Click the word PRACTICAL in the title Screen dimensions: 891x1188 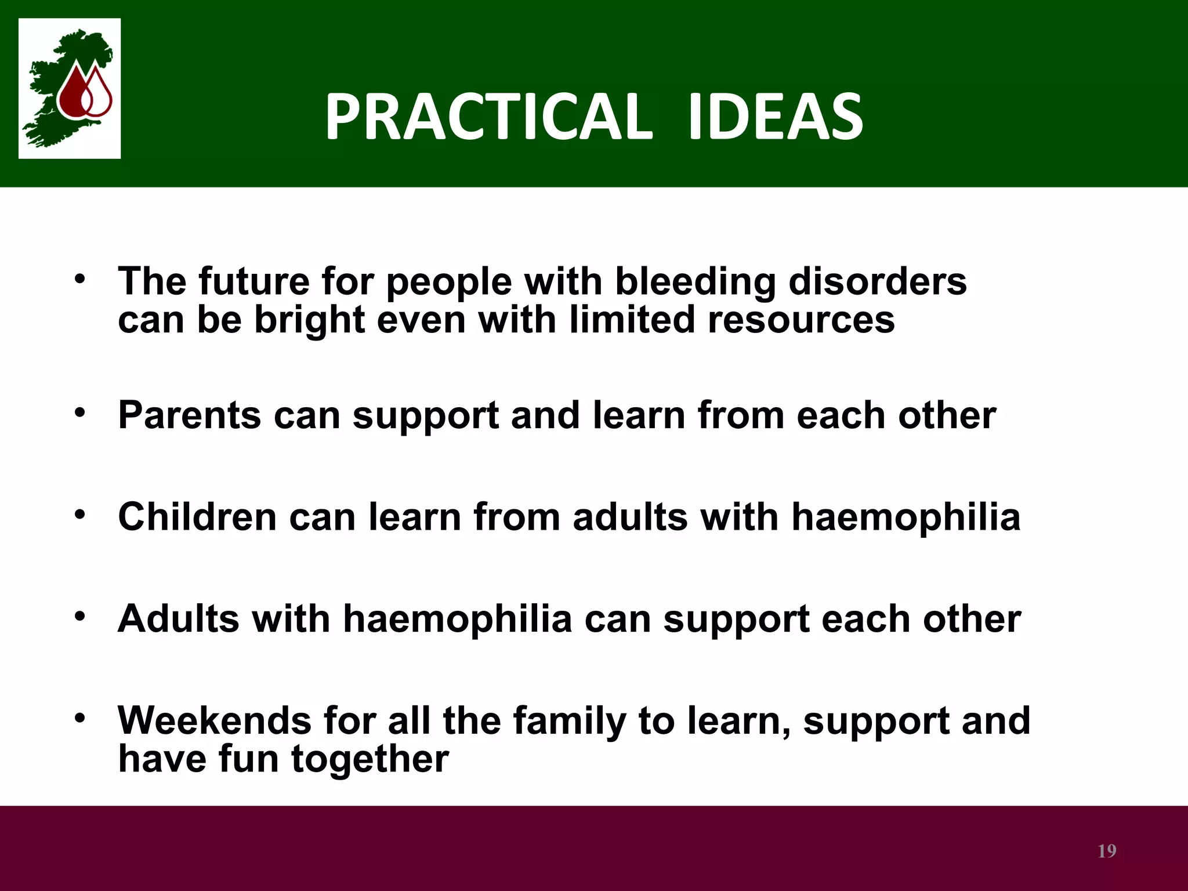488,118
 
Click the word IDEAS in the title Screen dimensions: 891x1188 775,118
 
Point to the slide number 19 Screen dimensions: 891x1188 1107,851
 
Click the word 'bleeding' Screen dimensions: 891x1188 694,282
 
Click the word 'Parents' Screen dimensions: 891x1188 190,415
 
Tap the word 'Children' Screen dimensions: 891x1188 197,517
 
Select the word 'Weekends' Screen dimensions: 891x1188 215,720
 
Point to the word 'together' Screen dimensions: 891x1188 370,759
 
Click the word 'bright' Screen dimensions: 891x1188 310,321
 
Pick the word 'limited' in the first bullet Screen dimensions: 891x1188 631,320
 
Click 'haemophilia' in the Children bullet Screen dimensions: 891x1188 906,517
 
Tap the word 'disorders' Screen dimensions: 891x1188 878,282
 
